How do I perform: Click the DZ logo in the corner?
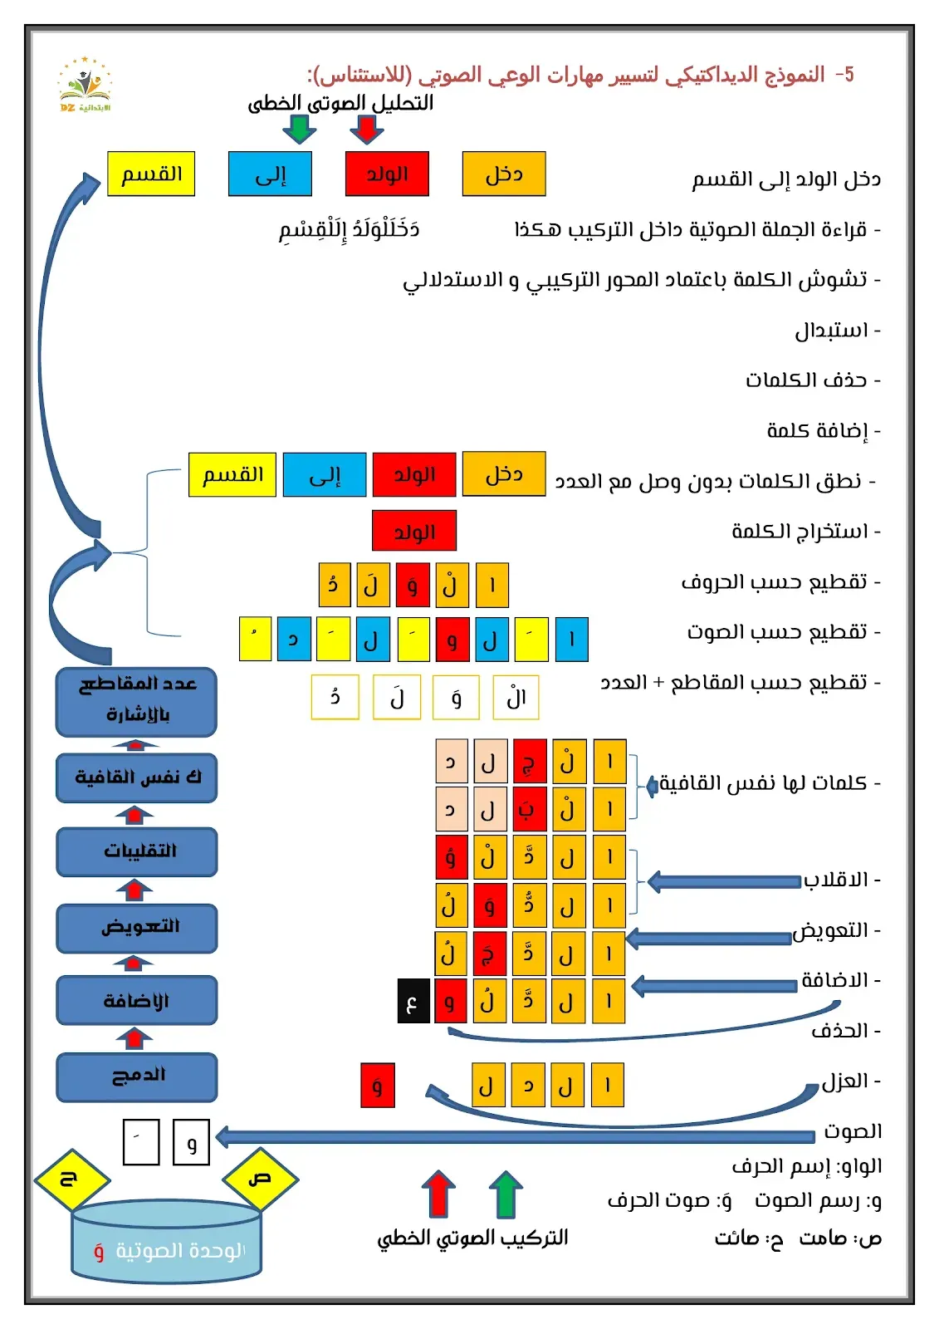coord(84,86)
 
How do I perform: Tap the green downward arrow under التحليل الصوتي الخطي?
coord(299,129)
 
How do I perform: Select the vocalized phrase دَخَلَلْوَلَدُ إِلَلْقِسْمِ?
coord(349,229)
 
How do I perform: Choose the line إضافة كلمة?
coord(822,431)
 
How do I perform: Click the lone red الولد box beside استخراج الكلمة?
coord(414,532)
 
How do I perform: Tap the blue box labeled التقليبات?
coord(137,851)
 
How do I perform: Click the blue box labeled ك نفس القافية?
coord(137,777)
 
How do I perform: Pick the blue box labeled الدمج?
coord(137,1076)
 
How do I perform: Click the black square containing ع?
coord(413,1001)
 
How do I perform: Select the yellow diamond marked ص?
coord(260,1179)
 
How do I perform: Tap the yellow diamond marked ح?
coord(71,1179)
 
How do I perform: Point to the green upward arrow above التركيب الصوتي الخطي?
coord(505,1194)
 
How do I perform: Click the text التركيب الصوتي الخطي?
coord(472,1238)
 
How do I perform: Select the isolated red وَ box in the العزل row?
coord(378,1086)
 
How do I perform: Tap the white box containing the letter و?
coord(191,1142)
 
